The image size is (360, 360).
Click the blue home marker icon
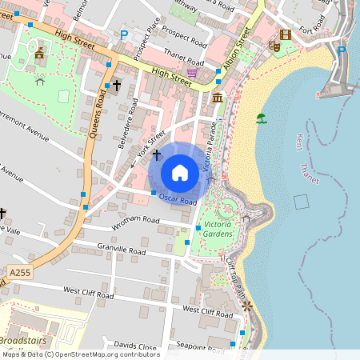[180, 172]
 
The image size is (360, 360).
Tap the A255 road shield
[20, 273]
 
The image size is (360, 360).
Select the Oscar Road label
[177, 198]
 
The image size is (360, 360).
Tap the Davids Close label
[135, 346]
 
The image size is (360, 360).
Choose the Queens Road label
[100, 112]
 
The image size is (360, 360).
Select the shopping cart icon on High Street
[193, 72]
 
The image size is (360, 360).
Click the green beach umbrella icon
[261, 119]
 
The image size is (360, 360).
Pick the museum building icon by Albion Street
[218, 98]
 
